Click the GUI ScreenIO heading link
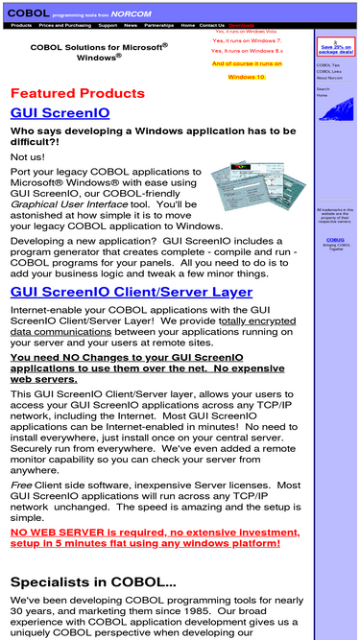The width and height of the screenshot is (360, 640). point(60,113)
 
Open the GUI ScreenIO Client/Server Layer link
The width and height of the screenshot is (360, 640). point(132,292)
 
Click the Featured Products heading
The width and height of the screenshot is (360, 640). point(78,93)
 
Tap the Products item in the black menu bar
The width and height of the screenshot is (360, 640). point(21,25)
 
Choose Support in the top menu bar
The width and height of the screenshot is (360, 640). point(108,25)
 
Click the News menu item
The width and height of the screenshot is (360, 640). point(131,25)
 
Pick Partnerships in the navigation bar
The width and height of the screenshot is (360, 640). point(159,25)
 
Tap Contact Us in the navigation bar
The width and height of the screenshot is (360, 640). point(212,25)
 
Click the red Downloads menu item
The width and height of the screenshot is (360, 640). point(241,25)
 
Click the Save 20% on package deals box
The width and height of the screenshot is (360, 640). point(335,47)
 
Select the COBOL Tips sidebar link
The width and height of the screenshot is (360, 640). point(326,65)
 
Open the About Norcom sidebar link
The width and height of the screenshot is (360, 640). point(329,78)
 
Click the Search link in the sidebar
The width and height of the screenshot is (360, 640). point(323,89)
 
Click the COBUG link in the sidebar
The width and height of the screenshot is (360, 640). point(335,240)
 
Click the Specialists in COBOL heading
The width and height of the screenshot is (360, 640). point(93,581)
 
